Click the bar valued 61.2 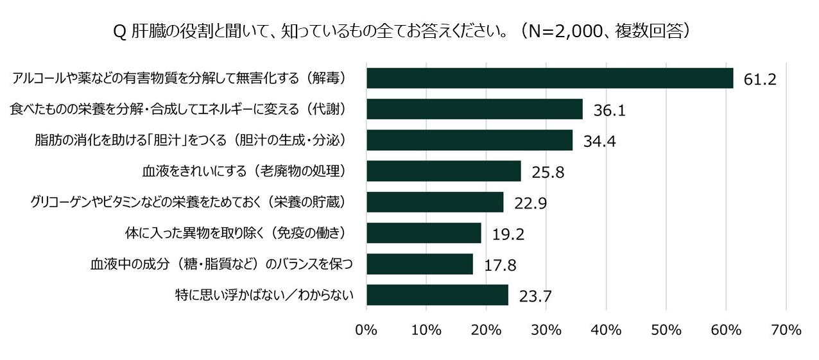tap(549, 78)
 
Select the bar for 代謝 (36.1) tap(474, 109)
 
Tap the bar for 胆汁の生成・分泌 tap(469, 140)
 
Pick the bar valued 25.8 tap(444, 171)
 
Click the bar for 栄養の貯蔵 tap(435, 202)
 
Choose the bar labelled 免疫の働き tap(424, 233)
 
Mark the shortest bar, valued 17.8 tap(419, 264)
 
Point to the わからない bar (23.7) tap(437, 295)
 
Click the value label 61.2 tap(761, 80)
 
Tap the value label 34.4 tap(599, 142)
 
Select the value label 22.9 tap(530, 203)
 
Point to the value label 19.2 tap(508, 234)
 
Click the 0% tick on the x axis tap(366, 330)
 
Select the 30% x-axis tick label tap(546, 330)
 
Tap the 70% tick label tap(786, 330)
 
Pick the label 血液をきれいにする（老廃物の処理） tap(245, 171)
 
